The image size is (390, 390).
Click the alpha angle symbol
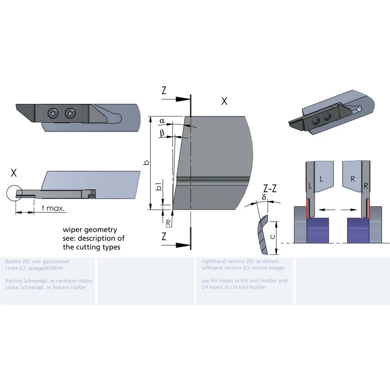[162, 121]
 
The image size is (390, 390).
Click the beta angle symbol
[162, 133]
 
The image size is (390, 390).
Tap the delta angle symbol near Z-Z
[264, 197]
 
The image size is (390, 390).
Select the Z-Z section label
[270, 188]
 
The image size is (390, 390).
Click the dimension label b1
[159, 186]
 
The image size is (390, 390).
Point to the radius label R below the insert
[168, 223]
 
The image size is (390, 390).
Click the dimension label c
[273, 237]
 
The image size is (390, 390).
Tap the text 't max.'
[53, 208]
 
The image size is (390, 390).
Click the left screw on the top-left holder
[53, 114]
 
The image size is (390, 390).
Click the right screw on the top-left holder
[70, 114]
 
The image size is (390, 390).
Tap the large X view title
[224, 101]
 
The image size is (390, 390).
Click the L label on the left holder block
[321, 179]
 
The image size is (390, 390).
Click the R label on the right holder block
[353, 179]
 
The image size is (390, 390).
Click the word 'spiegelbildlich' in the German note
[45, 268]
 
